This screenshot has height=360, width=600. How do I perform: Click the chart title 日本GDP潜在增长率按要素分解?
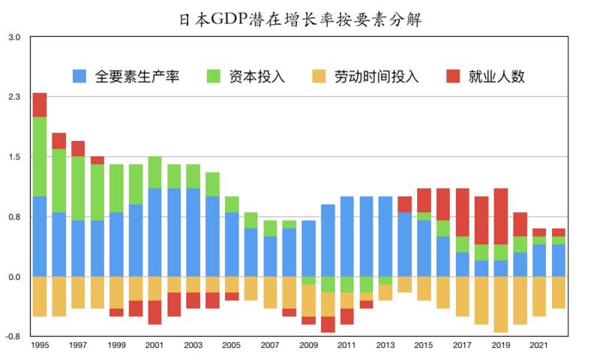300,19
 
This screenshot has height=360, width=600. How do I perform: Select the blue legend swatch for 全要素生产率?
80,76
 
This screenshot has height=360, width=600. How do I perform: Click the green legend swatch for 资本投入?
214,76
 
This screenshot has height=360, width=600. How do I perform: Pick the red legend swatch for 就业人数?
454,76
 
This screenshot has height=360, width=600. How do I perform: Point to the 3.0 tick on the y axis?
15,36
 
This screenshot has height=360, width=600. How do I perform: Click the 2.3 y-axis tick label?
15,97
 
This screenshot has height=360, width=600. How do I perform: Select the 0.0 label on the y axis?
15,277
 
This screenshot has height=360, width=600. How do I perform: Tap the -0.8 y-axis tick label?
14,337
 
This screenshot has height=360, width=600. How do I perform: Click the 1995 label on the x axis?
40,346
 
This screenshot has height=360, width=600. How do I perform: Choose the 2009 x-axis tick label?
308,346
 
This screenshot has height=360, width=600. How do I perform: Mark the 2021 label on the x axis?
538,346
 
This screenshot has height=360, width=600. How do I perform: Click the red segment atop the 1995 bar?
40,105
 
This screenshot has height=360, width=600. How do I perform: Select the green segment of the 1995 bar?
40,156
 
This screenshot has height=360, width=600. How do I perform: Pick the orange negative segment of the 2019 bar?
500,304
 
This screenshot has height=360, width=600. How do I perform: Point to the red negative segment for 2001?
154,312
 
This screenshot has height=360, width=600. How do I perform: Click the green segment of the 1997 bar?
78,188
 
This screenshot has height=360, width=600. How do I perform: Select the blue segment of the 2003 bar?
193,232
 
